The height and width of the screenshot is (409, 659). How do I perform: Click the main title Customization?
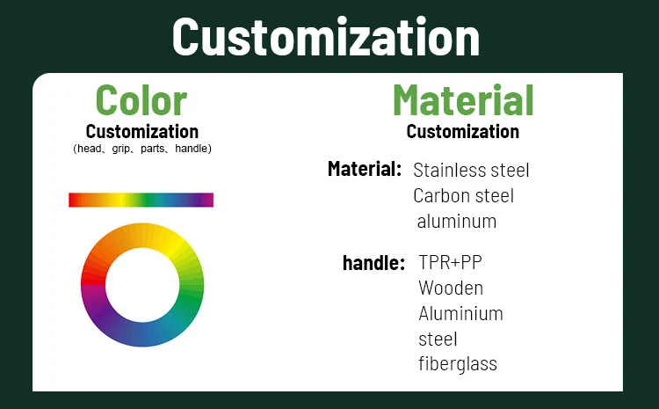click(326, 37)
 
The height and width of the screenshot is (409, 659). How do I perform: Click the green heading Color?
click(141, 99)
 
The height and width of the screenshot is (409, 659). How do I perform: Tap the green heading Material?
click(462, 99)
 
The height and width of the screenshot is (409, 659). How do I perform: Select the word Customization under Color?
click(141, 132)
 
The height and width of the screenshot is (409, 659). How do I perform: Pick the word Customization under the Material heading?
click(462, 132)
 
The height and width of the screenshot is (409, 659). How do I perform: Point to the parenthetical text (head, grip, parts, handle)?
click(141, 149)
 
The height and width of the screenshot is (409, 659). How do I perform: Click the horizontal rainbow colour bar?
click(141, 200)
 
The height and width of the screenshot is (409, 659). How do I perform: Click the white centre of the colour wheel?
click(141, 285)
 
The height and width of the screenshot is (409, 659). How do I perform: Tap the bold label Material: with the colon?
click(365, 168)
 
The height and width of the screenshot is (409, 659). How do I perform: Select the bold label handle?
click(373, 262)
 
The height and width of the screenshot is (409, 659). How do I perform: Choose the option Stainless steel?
click(471, 170)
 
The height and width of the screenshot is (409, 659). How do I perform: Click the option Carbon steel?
click(463, 195)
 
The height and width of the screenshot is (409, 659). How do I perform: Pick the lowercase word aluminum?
click(456, 221)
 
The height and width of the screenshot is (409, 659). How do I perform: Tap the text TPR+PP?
click(450, 262)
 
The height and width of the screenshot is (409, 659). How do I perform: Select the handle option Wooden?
click(451, 288)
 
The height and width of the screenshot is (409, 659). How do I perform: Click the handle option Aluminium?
click(460, 313)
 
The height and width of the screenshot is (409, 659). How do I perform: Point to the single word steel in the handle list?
click(438, 339)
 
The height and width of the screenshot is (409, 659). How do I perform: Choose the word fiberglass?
click(457, 363)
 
